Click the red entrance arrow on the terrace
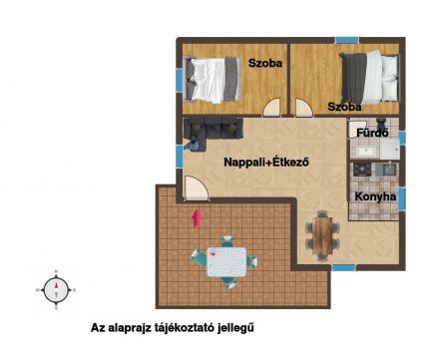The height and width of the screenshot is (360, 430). tap(198, 218)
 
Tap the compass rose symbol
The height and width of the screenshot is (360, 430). tap(56, 290)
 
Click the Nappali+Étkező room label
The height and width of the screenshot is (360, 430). tap(266, 163)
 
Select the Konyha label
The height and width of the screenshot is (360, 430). tap(375, 196)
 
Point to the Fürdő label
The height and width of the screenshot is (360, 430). tap(372, 133)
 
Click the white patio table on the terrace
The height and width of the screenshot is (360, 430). tap(226, 262)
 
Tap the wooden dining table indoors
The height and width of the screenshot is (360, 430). tap(322, 235)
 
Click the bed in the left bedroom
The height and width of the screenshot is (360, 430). tap(212, 80)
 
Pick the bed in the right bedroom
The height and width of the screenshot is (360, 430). tap(370, 77)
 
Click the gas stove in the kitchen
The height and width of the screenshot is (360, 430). tap(362, 170)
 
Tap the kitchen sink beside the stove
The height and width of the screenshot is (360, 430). tap(389, 169)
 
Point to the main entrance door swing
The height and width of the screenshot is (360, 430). tap(197, 188)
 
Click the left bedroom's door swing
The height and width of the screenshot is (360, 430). tap(272, 107)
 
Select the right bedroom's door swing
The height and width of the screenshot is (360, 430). tap(304, 108)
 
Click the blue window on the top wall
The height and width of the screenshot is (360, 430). tap(346, 40)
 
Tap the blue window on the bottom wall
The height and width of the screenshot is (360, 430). tap(343, 267)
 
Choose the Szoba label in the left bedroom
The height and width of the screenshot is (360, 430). tap(265, 63)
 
